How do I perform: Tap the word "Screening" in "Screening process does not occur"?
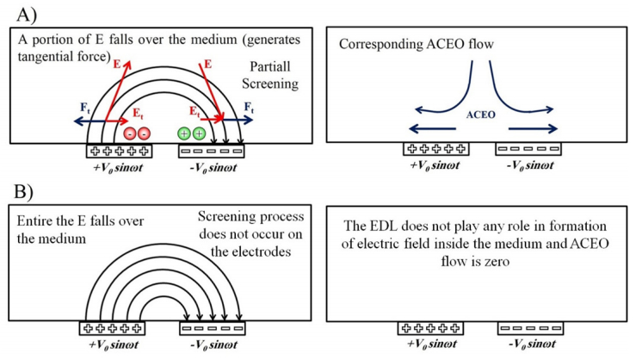point(231,215)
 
